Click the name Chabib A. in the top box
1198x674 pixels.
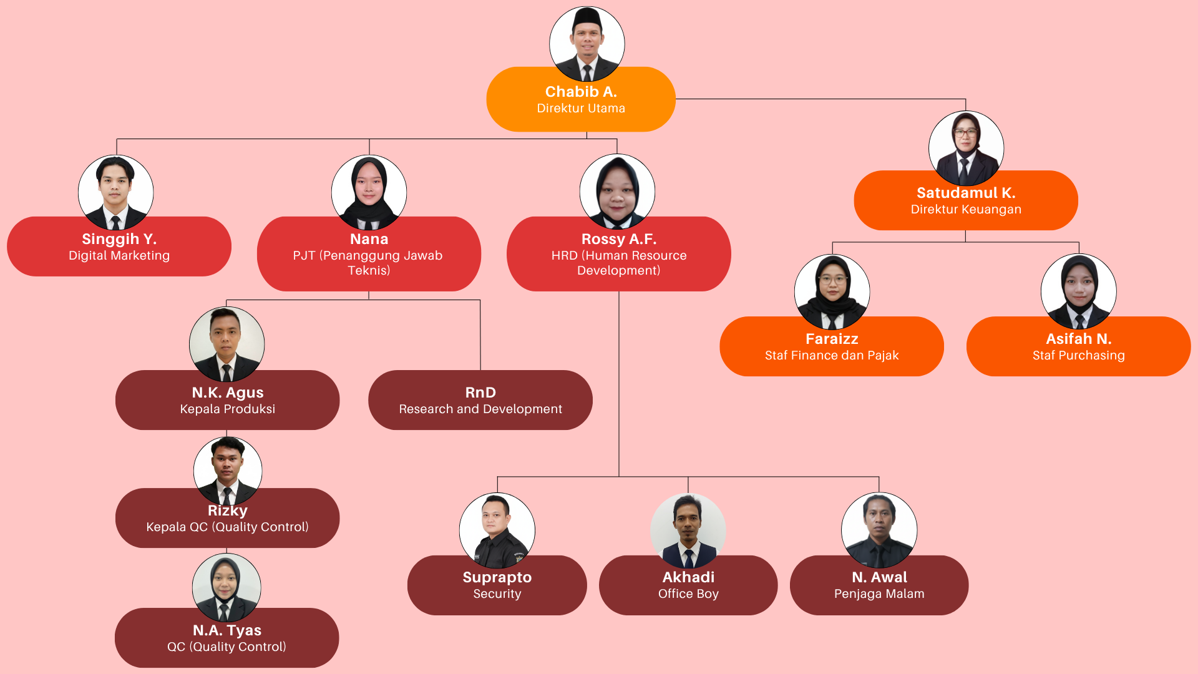point(581,92)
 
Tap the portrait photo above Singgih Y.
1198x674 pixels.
point(115,192)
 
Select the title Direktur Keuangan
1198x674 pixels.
point(966,210)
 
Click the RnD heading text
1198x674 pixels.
point(480,393)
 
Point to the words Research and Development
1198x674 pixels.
point(480,409)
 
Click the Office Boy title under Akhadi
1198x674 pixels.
point(688,594)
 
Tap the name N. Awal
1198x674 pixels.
point(879,577)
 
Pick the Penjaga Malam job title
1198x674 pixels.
point(879,594)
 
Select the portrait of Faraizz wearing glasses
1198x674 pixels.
point(832,291)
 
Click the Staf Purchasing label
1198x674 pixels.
point(1078,356)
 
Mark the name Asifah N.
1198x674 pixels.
point(1078,339)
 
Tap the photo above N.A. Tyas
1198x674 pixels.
point(226,587)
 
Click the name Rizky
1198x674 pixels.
point(227,510)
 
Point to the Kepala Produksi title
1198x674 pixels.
point(227,409)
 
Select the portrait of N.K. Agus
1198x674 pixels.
point(226,344)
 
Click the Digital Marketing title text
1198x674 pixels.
point(119,256)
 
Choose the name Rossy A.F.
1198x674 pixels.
point(618,239)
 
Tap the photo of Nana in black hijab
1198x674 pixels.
point(369,192)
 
